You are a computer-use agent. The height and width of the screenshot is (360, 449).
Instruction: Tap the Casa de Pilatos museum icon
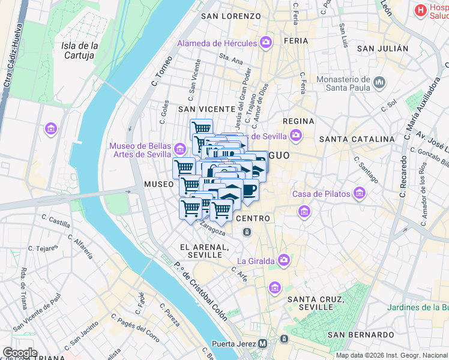[359, 193]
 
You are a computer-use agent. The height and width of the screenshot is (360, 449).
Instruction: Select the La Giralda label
[256, 260]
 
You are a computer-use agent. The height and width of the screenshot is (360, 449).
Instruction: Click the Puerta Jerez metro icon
[262, 344]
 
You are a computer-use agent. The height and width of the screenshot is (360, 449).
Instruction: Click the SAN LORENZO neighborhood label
[231, 16]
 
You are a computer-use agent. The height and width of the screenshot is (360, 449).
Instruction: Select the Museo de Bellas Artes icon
[179, 148]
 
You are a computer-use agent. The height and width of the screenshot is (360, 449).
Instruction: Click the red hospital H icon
[421, 10]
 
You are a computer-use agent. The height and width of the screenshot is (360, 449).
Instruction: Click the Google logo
[20, 353]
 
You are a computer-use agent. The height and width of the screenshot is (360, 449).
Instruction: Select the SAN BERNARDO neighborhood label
[361, 334]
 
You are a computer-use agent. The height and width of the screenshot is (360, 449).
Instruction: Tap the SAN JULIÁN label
[382, 49]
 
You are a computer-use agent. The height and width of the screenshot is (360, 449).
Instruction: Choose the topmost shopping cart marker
[202, 128]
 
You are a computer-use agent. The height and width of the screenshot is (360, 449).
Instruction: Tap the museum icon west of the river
[50, 128]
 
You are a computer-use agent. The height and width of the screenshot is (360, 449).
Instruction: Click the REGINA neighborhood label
[298, 121]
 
